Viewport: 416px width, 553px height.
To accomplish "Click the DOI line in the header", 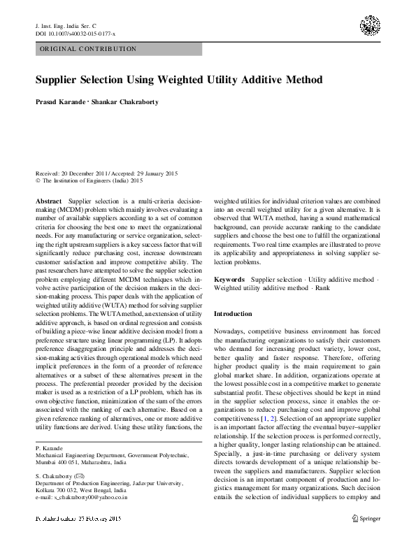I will (76, 34).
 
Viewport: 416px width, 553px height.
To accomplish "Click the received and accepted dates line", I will (99, 173).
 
